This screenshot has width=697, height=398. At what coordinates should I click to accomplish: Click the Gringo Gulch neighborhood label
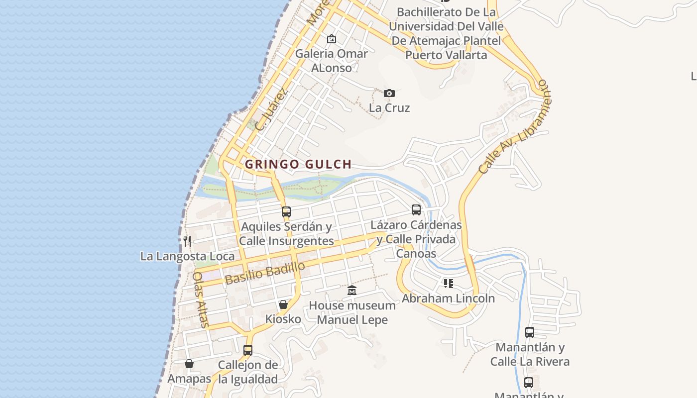pos(298,164)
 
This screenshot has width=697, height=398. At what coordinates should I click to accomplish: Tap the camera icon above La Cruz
pos(389,93)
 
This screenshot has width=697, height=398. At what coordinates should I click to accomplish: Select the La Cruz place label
pos(389,108)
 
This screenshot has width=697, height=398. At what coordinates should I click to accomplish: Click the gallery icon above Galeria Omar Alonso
pos(332,39)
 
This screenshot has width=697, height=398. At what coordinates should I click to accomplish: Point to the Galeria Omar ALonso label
pos(332,60)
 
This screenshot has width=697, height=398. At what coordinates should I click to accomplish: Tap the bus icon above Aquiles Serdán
pos(286,211)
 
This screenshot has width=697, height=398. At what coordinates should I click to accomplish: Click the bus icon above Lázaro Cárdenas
pos(416,209)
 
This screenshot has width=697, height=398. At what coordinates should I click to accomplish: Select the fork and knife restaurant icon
pos(187,241)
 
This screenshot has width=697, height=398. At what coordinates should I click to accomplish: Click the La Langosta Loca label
pos(187,256)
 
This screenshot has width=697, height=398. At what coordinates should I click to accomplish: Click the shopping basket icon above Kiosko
pos(283,304)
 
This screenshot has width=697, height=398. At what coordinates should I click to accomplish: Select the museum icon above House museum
pos(352,290)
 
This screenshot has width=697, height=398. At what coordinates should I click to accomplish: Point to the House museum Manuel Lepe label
pos(352,312)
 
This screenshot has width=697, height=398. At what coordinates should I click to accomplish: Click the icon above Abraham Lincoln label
pos(449,284)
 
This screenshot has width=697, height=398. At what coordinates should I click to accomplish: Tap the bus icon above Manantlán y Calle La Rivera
pos(530,332)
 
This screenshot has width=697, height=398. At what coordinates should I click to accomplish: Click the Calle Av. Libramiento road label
pos(513,127)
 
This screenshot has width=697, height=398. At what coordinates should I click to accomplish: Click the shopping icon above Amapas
pos(189,364)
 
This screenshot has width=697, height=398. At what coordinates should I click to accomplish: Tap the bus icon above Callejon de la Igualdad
pos(248,350)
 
